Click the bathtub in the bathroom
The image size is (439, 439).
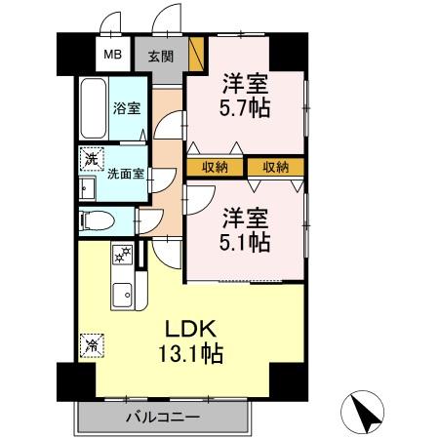click(x=95, y=111)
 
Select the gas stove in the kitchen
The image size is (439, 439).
click(x=124, y=257)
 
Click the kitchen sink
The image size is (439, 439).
click(x=124, y=295)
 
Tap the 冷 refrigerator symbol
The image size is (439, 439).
click(x=91, y=344)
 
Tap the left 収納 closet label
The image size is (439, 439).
click(x=215, y=167)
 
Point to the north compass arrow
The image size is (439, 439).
click(x=365, y=414)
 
